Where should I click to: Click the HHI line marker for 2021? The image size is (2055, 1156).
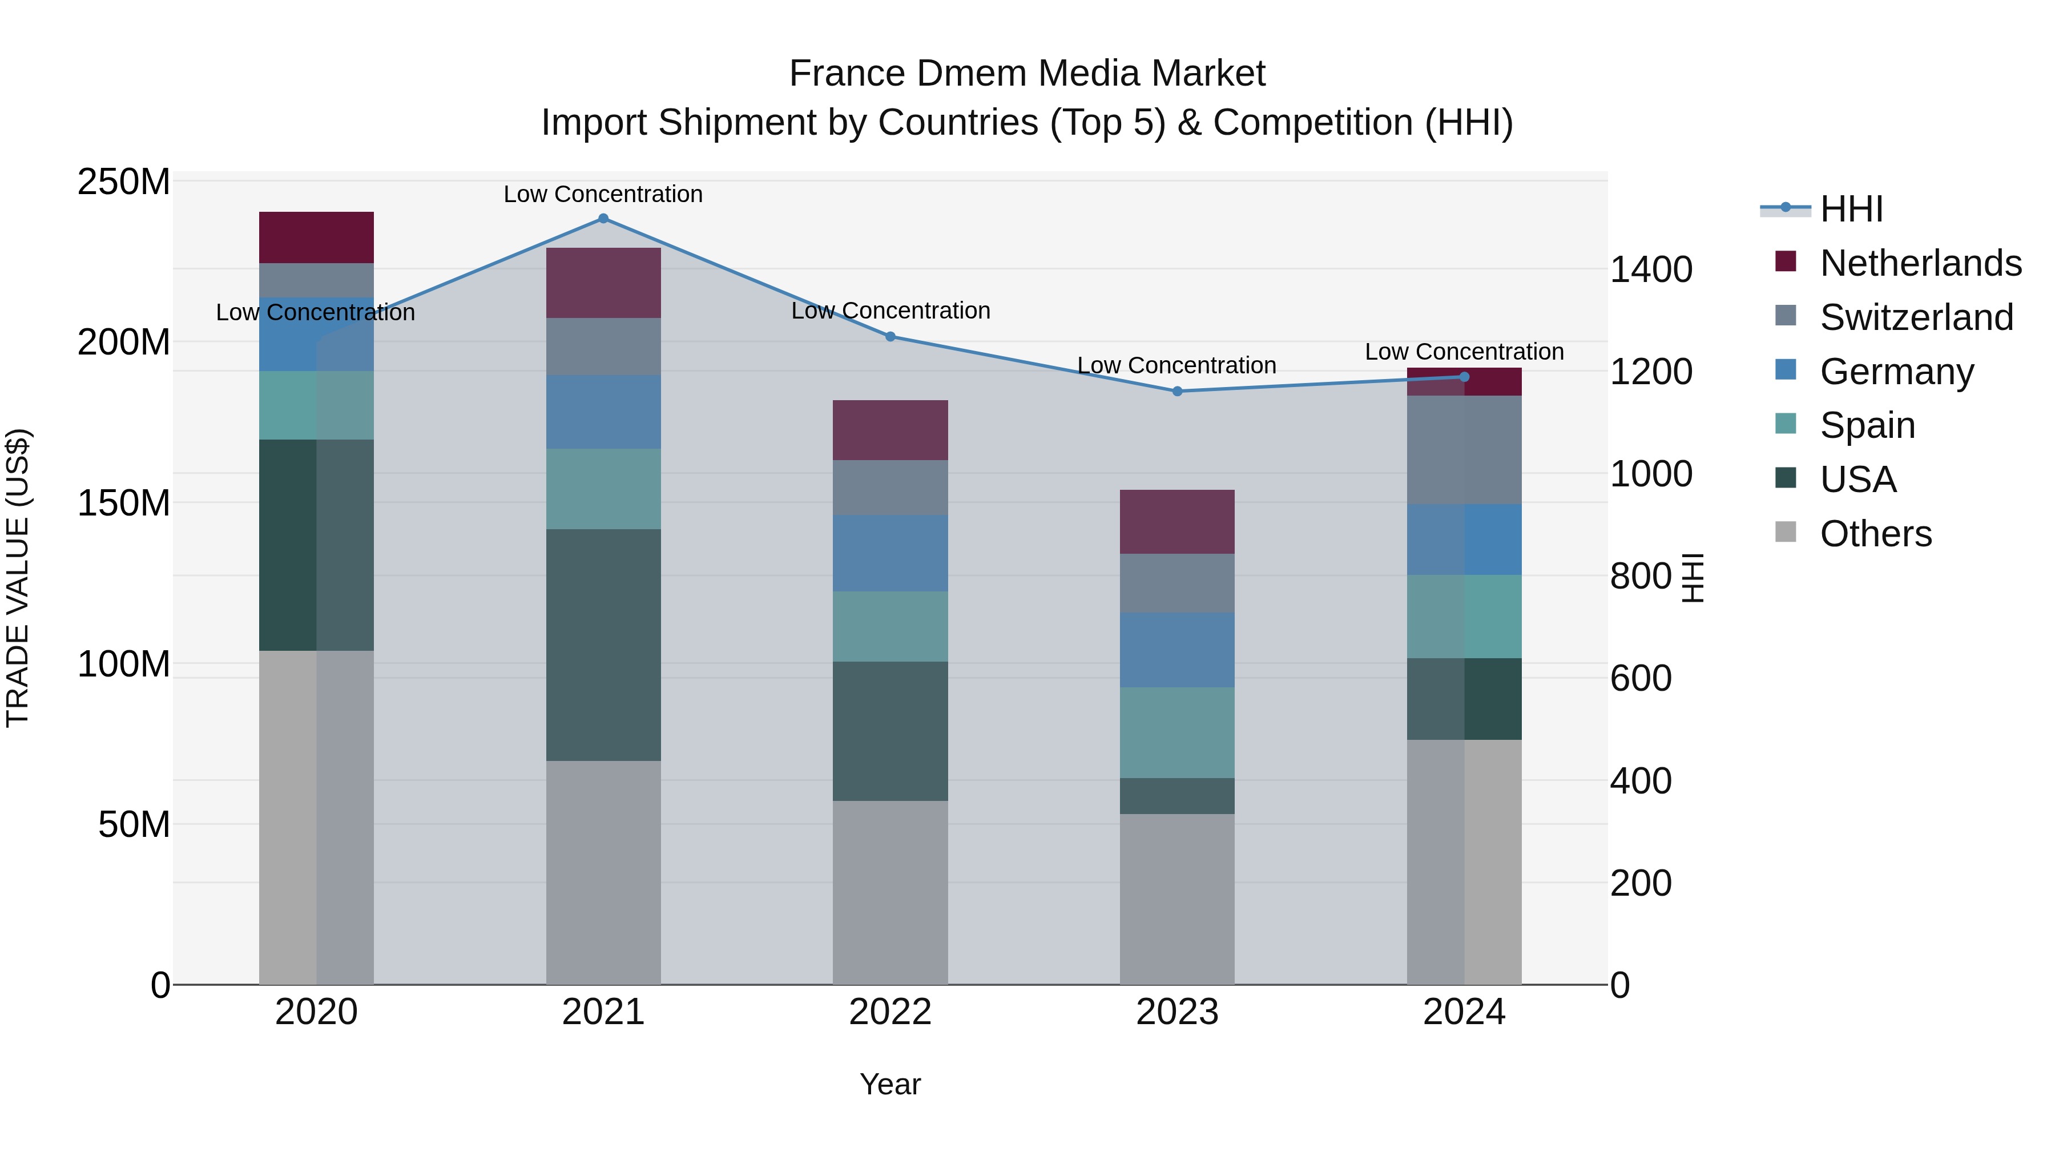603,219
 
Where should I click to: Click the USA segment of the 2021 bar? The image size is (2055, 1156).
603,645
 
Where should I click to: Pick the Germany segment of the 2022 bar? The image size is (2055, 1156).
890,553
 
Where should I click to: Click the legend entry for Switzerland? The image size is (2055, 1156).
1915,317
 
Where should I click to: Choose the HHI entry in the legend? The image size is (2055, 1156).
1851,209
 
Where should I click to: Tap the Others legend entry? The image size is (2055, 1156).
1875,534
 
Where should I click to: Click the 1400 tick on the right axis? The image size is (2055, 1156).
1650,269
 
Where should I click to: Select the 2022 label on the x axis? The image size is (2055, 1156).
890,1012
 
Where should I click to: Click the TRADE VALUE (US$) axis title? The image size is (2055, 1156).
18,578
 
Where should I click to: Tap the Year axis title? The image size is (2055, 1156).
890,1084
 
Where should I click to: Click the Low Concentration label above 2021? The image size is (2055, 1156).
603,194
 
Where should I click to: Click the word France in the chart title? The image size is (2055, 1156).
847,74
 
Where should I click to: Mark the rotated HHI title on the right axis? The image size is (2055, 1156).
1692,578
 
